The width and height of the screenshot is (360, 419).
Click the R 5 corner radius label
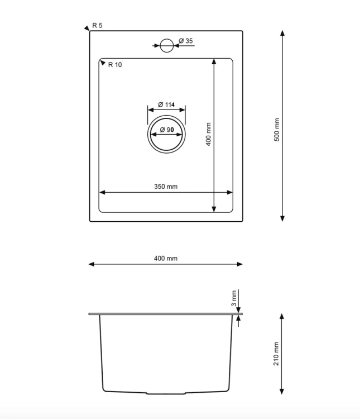coord(97,25)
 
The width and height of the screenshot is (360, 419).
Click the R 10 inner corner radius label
coord(115,65)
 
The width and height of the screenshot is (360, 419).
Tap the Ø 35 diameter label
coord(186,41)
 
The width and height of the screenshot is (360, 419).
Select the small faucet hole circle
coord(167,45)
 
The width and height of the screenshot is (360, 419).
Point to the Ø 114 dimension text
coord(166,104)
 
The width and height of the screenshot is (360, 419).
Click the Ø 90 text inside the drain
coord(167,130)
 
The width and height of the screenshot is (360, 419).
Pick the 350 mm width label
coord(166,187)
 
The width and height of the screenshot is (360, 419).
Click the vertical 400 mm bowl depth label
coord(208,134)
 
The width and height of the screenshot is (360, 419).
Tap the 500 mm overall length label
coord(277,130)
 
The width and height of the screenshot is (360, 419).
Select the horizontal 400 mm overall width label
coord(166,259)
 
